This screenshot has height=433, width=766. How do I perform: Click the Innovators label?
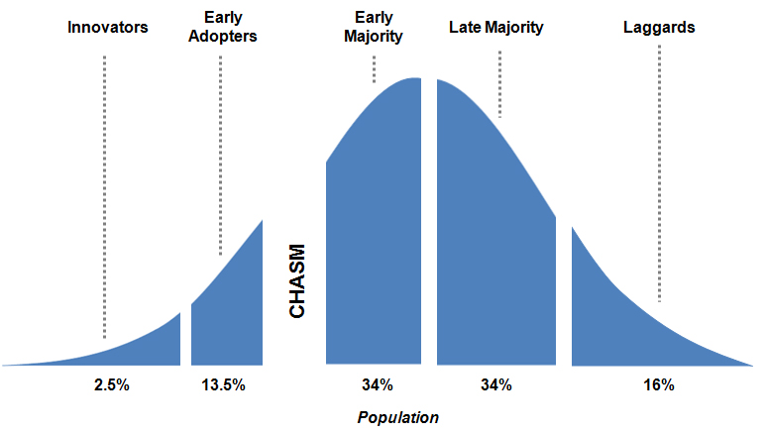(108, 28)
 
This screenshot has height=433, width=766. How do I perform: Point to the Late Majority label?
(495, 28)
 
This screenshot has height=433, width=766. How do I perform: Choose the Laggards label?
(659, 28)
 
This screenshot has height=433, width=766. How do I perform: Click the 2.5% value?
(111, 384)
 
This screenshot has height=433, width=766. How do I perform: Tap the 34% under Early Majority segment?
(377, 384)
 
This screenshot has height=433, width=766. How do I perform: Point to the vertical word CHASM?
(297, 282)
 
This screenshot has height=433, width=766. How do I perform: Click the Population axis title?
(397, 417)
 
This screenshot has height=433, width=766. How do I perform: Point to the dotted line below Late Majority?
(500, 84)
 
